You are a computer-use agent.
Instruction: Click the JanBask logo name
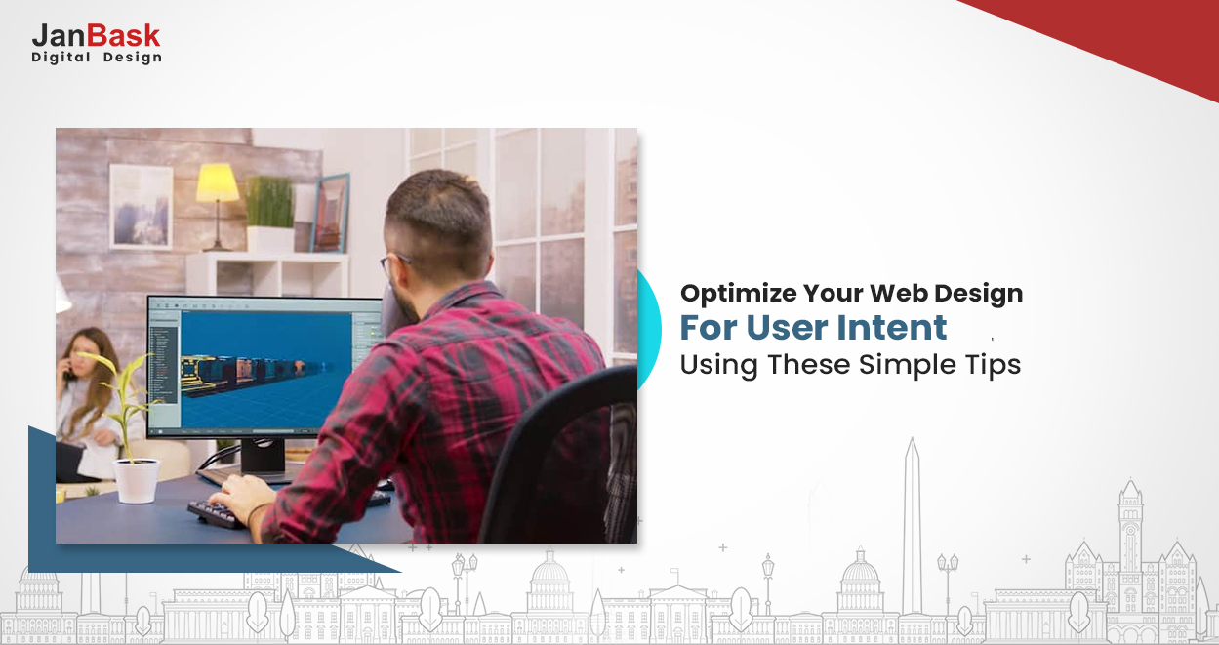click(x=96, y=36)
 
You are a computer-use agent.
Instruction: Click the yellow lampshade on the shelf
click(x=217, y=182)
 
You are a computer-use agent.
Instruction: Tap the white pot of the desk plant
click(x=136, y=480)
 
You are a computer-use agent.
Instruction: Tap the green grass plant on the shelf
click(x=268, y=201)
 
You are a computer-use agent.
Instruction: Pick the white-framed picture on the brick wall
click(x=141, y=206)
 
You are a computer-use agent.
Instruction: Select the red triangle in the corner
click(x=1122, y=39)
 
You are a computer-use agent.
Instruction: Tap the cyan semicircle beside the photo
click(x=647, y=332)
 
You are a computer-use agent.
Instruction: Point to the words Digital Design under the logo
click(x=97, y=58)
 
